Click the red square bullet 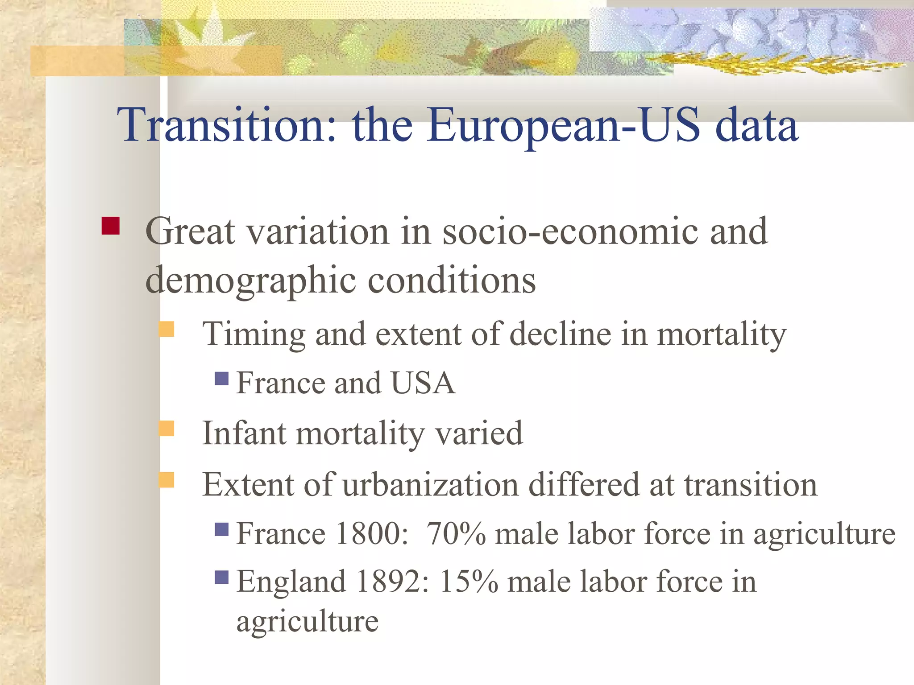point(110,226)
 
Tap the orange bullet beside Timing point(166,329)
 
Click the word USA point(423,383)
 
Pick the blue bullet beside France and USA point(221,379)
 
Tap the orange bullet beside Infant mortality point(166,429)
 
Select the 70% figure point(456,533)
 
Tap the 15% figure point(469,582)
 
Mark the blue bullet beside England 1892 point(221,578)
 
